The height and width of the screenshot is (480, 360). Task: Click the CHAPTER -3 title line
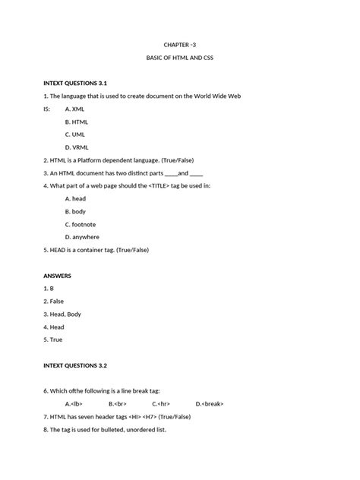pos(180,45)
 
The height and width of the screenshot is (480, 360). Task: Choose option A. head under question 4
pos(76,198)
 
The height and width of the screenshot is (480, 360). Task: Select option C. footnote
pos(81,224)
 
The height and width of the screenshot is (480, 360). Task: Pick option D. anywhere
pos(82,237)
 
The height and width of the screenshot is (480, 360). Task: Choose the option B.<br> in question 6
pos(118,403)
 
